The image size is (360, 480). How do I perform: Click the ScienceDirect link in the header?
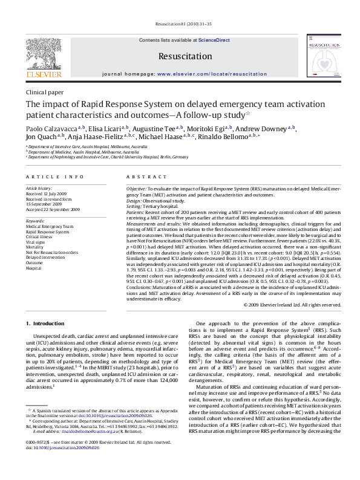click(x=215, y=40)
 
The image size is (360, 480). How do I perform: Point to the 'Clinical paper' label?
click(x=44, y=92)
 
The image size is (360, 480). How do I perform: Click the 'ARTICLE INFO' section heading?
click(x=54, y=177)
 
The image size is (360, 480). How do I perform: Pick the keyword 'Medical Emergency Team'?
click(x=49, y=226)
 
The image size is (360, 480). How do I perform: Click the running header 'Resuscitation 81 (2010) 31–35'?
click(x=180, y=25)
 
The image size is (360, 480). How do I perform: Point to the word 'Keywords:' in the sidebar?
click(x=36, y=221)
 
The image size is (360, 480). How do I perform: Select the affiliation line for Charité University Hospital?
click(x=109, y=157)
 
